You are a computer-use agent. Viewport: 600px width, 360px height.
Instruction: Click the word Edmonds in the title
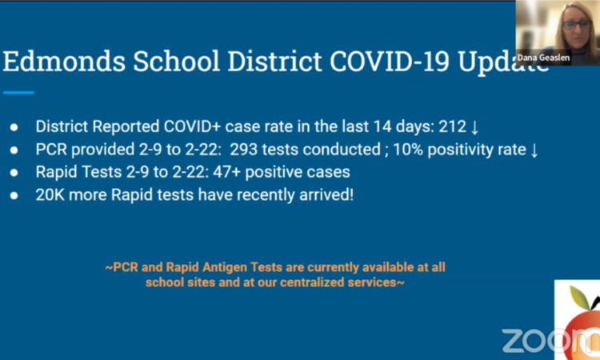tap(64, 61)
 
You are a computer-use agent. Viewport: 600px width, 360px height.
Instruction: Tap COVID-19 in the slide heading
tap(389, 61)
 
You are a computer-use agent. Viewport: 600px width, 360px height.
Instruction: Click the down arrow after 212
tap(474, 127)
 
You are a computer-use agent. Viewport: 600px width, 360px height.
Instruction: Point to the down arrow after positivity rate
tap(534, 150)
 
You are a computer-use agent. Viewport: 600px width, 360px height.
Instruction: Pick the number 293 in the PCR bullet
tap(243, 150)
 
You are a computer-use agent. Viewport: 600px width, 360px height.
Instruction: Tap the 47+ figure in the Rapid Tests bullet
tap(226, 172)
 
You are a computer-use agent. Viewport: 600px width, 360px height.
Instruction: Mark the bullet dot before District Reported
tap(14, 127)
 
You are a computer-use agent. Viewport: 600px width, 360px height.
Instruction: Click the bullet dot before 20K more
tap(14, 195)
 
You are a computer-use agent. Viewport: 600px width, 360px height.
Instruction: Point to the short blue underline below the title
tap(18, 92)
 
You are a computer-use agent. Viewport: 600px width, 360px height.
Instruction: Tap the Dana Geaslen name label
tap(543, 58)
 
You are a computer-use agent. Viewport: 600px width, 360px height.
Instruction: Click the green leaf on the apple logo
tap(579, 298)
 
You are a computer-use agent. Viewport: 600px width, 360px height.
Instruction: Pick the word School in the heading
tap(177, 61)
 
